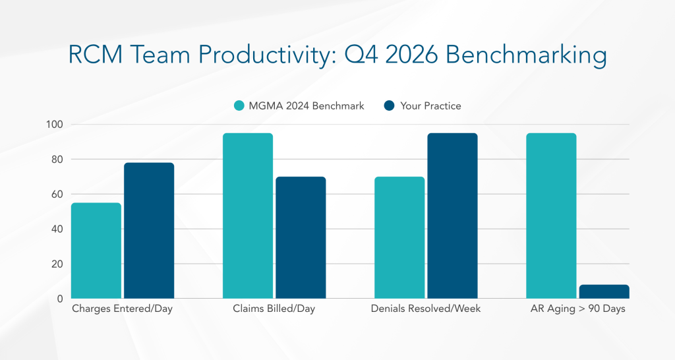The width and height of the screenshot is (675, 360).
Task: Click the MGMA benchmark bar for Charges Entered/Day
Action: tap(96, 251)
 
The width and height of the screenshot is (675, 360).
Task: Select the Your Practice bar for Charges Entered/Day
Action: tap(149, 231)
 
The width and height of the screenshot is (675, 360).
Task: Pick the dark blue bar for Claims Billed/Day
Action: tap(301, 237)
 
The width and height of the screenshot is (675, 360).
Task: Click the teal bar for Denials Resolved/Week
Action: tap(399, 237)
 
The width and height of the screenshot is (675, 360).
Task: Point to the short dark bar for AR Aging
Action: tap(604, 291)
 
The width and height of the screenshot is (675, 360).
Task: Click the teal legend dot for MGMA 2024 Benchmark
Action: tap(239, 105)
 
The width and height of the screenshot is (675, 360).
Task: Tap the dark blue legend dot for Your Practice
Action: tap(389, 105)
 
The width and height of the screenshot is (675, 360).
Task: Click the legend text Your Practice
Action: tap(430, 105)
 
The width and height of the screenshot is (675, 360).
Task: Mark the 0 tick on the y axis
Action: tap(59, 299)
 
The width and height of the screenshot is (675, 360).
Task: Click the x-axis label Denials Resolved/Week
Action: tap(426, 309)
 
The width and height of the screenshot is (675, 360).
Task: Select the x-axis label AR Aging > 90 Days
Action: tap(577, 309)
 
